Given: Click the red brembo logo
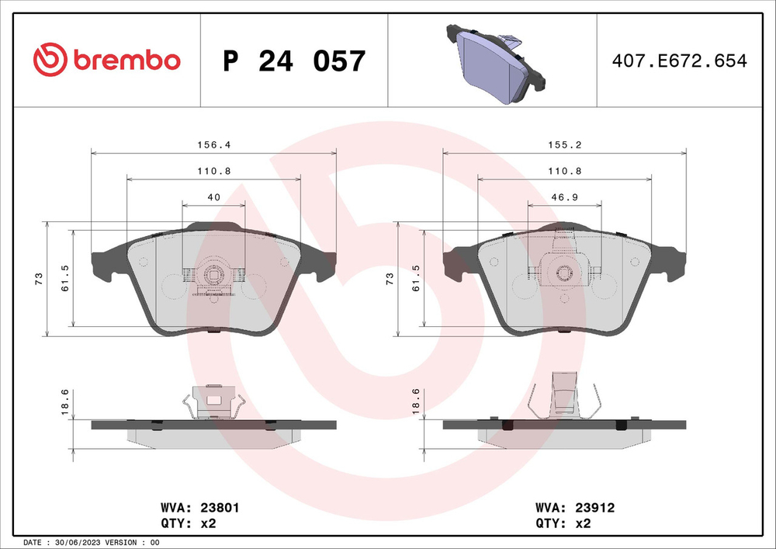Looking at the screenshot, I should pyautogui.click(x=107, y=60).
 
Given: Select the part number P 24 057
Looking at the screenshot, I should pyautogui.click(x=293, y=61).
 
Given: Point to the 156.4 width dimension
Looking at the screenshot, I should pyautogui.click(x=214, y=144).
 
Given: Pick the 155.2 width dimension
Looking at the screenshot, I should pyautogui.click(x=564, y=144).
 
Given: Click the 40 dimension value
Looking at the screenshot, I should pyautogui.click(x=214, y=198).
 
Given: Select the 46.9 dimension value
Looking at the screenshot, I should pyautogui.click(x=564, y=198).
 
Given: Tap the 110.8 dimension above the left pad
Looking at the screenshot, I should pyautogui.click(x=214, y=171).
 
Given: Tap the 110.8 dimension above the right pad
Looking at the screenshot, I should pyautogui.click(x=564, y=171).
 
